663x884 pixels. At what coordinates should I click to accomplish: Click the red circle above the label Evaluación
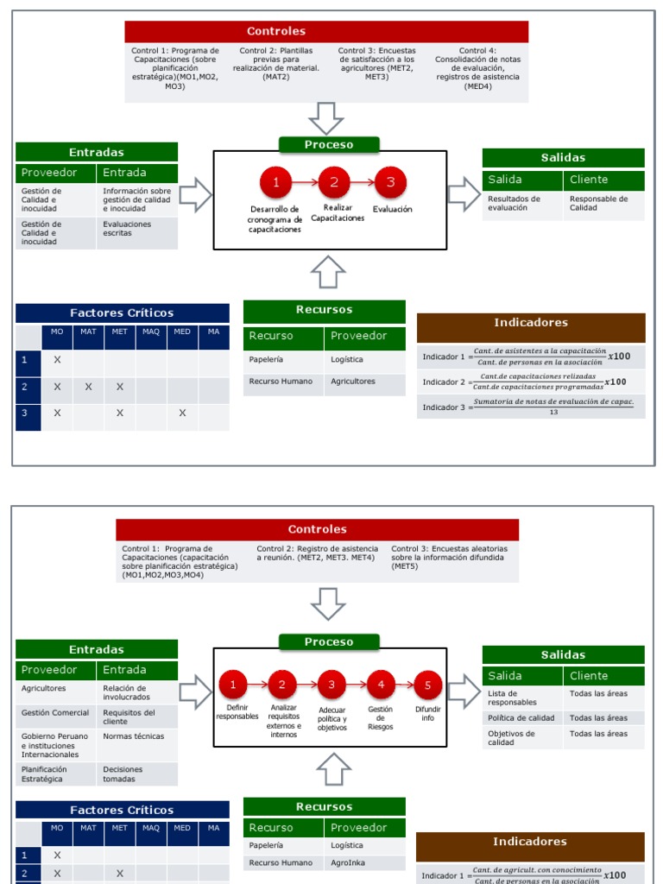click(390, 182)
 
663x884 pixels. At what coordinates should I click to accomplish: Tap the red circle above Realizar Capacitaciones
click(333, 182)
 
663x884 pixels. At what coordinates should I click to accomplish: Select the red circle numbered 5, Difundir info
click(427, 686)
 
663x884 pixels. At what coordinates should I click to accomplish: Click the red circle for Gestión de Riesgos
click(381, 685)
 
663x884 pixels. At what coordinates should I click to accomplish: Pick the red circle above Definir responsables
click(232, 685)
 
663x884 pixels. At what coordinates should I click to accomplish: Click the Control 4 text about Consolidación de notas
click(477, 68)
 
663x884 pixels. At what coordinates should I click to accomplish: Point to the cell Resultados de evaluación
click(521, 204)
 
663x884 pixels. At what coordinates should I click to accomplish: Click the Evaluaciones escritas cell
click(136, 229)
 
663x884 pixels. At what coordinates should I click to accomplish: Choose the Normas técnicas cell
click(136, 737)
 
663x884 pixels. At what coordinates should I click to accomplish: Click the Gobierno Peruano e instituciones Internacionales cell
click(55, 746)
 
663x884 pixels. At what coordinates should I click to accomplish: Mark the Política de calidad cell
click(521, 718)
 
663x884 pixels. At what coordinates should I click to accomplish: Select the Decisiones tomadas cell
click(136, 774)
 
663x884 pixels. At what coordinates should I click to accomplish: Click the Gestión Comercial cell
click(55, 713)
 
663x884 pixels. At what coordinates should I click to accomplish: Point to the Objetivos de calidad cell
click(521, 738)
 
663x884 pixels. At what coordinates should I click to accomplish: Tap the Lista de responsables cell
click(521, 698)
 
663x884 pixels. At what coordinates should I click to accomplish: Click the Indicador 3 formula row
click(530, 407)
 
